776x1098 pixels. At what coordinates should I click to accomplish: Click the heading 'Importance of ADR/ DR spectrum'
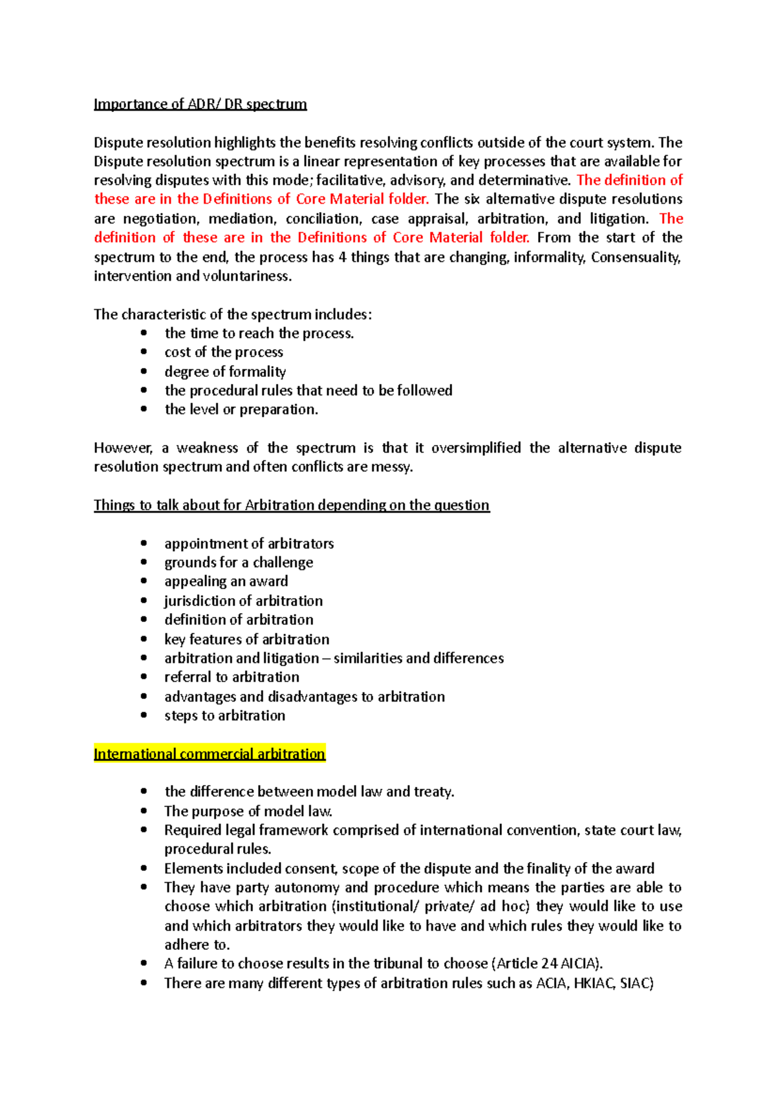200,104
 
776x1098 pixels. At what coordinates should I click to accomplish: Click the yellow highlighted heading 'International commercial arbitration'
209,754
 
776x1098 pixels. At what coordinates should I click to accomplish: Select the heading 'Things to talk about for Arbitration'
291,505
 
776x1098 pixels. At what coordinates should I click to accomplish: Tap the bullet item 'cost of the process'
224,352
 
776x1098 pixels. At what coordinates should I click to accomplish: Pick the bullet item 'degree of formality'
225,372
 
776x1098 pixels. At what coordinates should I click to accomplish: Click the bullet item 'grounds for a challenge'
239,563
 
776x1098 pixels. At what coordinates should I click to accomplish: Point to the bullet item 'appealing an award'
226,581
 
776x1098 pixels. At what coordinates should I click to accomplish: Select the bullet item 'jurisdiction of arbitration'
243,601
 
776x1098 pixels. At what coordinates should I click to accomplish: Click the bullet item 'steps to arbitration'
224,716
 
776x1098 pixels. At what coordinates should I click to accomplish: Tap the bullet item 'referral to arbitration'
232,677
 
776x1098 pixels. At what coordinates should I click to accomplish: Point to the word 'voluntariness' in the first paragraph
247,276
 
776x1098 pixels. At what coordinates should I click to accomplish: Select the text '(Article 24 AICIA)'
547,963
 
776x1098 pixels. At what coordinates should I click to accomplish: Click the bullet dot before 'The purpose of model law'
144,811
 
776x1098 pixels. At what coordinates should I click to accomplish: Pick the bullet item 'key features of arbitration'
246,640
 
